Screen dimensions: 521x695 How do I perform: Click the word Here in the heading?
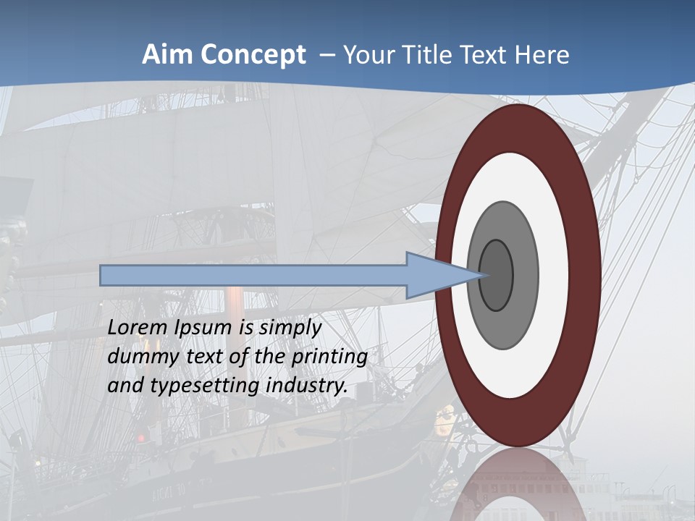tap(542, 55)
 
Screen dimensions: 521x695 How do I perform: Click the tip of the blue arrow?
tap(481, 275)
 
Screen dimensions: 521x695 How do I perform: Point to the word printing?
tap(329, 357)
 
